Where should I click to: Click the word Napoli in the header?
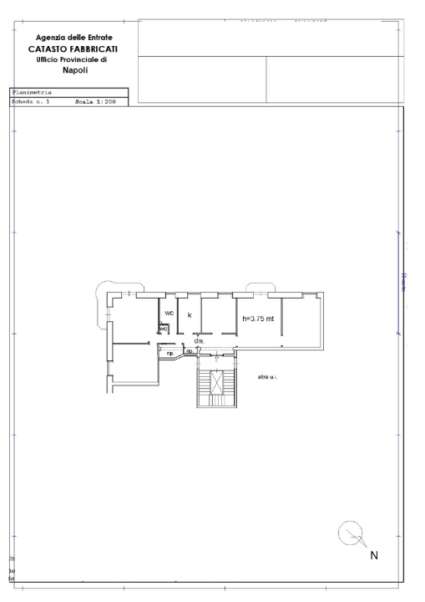coord(75,71)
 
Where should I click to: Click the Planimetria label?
coord(32,93)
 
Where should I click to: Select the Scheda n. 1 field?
coord(32,100)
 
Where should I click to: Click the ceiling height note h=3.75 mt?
coord(258,319)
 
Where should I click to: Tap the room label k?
coord(190,315)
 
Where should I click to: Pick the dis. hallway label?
coord(200,341)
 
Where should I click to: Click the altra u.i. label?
coord(268,378)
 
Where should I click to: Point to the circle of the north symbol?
coord(349,532)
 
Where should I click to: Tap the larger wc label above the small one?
coord(169,314)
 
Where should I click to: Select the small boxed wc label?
coord(164,329)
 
